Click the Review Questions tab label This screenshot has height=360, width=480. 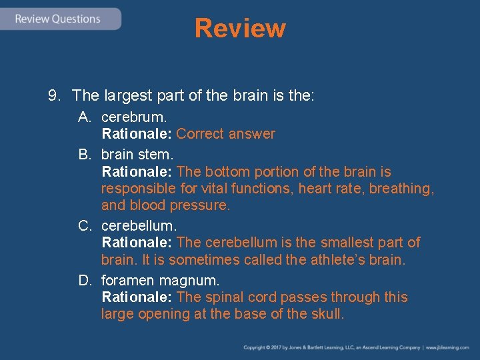coord(58,19)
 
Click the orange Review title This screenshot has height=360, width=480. coord(240,29)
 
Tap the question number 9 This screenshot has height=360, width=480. coord(53,96)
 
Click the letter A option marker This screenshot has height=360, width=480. coord(84,117)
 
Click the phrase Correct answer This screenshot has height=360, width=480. coord(225,134)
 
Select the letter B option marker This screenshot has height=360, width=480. coord(84,155)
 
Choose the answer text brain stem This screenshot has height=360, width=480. coord(136,155)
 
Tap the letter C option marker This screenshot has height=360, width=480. coord(84,226)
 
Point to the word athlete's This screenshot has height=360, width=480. coord(339,259)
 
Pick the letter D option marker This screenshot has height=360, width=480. coord(84,280)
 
